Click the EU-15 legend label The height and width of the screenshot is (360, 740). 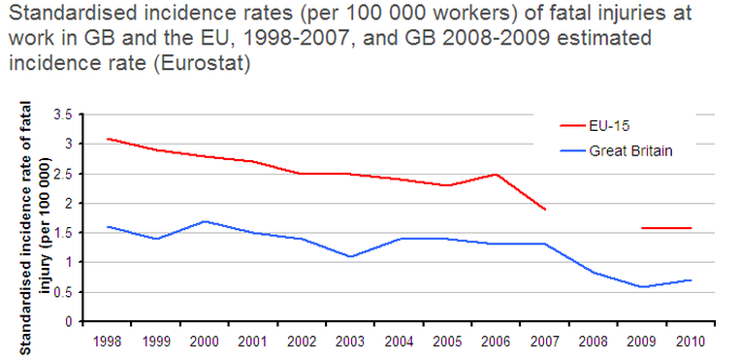[608, 125]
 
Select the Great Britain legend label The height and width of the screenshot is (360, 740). [630, 150]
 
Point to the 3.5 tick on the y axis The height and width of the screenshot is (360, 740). [64, 115]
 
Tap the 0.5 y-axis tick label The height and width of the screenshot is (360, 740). [64, 292]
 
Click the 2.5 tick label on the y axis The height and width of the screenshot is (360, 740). [64, 174]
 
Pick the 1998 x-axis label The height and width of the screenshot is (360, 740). [107, 341]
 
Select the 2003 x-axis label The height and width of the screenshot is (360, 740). [350, 341]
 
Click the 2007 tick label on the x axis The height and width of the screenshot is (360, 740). [544, 341]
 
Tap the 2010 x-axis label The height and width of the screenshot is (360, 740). [690, 341]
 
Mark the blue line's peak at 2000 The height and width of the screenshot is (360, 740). [204, 221]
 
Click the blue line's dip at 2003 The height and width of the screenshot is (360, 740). [350, 256]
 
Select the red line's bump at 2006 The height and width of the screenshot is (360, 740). [496, 174]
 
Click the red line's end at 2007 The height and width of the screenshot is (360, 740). [544, 209]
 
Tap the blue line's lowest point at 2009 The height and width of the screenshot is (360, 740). [641, 286]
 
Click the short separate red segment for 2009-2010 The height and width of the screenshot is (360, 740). [665, 228]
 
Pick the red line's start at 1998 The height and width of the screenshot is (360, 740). [107, 139]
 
